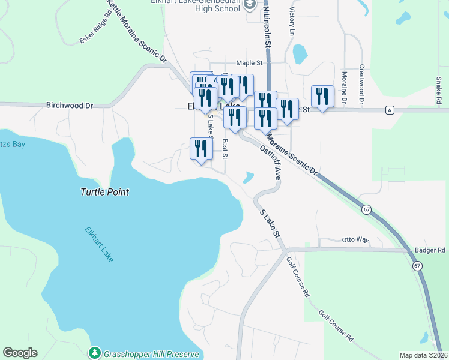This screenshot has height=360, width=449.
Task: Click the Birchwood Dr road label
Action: tap(70, 105)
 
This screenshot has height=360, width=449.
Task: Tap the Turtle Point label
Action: tap(105, 192)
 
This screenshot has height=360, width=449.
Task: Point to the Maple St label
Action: tap(250, 62)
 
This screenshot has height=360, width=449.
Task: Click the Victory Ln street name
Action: tap(293, 21)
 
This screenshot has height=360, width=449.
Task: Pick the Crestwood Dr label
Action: tap(362, 85)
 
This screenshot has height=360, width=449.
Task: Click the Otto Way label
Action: tap(354, 239)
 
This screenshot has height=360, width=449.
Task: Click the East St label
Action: tap(225, 149)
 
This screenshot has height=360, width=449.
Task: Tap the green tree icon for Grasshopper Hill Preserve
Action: tap(94, 352)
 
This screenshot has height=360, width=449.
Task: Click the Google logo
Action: tap(20, 353)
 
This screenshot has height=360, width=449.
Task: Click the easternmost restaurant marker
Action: tap(322, 96)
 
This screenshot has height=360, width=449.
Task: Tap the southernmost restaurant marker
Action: tap(201, 148)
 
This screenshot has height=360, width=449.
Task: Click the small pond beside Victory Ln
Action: tap(298, 54)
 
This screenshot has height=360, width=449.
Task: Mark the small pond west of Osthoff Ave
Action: tap(249, 178)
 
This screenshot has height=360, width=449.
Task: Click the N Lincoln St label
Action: tap(267, 27)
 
